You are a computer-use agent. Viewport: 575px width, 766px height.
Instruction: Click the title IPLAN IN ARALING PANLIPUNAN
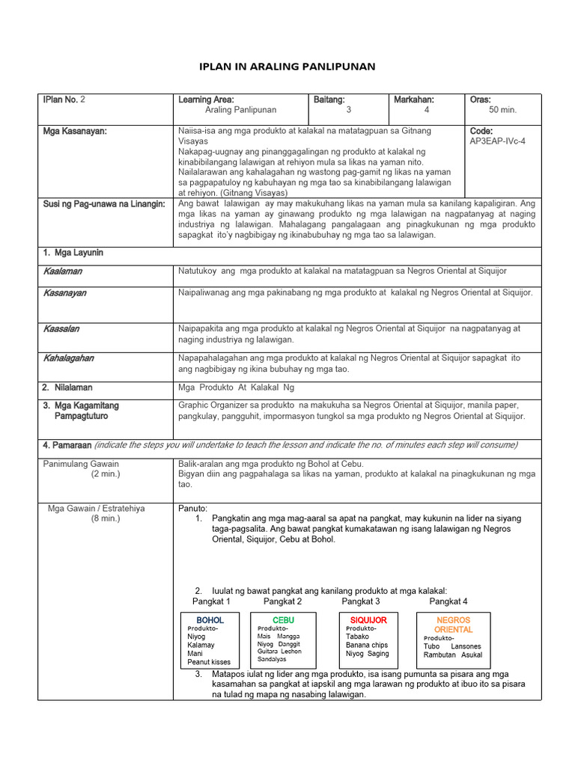[x=287, y=67]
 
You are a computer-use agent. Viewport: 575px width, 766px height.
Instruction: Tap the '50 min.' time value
[x=503, y=110]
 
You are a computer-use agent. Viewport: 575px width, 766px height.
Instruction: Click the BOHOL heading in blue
[x=210, y=620]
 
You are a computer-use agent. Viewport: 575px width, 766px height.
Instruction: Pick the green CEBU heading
[x=283, y=620]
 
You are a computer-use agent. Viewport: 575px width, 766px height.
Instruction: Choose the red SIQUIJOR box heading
[x=368, y=620]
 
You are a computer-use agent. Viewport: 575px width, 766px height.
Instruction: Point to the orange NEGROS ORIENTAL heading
[x=453, y=625]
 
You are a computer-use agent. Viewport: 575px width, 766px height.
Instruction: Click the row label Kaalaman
[x=63, y=271]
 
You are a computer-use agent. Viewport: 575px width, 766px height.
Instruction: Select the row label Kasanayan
[x=64, y=292]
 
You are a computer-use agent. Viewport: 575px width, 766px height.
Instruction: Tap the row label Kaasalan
[x=61, y=328]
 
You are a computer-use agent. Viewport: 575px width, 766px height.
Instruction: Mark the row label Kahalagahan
[x=68, y=358]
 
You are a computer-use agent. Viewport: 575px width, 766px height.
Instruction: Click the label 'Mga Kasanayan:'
[x=75, y=131]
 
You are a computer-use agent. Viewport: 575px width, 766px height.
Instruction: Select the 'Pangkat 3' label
[x=361, y=601]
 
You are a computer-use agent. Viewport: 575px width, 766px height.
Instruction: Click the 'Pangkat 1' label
[x=211, y=601]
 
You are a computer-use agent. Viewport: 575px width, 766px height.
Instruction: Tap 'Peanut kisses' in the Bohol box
[x=209, y=662]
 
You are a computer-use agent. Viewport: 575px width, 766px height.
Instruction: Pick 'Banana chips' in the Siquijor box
[x=367, y=645]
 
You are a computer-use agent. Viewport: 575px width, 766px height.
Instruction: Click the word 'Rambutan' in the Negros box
[x=439, y=655]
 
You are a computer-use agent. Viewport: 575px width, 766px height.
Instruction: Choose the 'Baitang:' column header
[x=329, y=99]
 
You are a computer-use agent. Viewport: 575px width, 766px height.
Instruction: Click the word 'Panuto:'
[x=192, y=508]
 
